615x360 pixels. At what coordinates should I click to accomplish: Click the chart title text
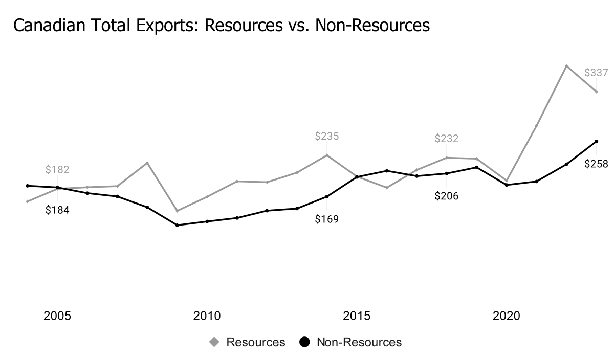(221, 24)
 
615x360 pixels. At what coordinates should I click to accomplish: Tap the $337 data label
(596, 73)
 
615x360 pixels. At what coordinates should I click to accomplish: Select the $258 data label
(596, 164)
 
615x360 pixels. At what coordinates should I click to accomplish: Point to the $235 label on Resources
(327, 136)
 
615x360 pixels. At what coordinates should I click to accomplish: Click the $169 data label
(327, 219)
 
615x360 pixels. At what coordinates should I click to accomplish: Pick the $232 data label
(447, 139)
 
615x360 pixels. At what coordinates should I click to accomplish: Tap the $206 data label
(447, 196)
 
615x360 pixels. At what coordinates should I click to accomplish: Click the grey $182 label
(57, 169)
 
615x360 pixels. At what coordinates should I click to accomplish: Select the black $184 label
(57, 210)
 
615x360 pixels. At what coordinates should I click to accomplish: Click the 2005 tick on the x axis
(57, 316)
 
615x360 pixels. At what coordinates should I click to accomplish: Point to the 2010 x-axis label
(207, 316)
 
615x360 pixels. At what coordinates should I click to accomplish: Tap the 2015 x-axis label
(357, 316)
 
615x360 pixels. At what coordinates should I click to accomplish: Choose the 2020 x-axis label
(506, 316)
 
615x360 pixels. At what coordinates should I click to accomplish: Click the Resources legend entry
(248, 342)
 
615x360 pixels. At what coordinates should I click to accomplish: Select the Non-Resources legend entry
(351, 342)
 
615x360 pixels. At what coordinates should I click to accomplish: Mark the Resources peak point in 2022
(566, 66)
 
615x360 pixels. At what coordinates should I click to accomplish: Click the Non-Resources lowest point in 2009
(177, 225)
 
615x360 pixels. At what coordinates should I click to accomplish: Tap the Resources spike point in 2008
(147, 163)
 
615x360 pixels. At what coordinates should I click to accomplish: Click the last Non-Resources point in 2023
(596, 141)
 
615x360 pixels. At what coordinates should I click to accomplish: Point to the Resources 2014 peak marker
(327, 155)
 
